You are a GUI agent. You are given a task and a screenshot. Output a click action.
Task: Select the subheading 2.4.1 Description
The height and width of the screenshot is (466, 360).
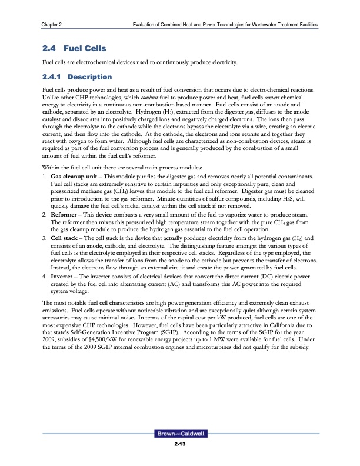tap(74, 77)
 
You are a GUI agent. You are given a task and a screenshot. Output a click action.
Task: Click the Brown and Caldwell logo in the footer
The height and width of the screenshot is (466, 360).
tap(179, 434)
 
